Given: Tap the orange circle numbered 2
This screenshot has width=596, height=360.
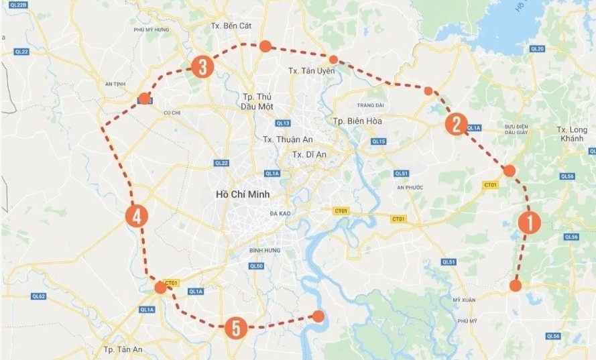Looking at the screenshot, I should (x=456, y=123).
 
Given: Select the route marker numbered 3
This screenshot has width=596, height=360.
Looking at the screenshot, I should (x=202, y=66).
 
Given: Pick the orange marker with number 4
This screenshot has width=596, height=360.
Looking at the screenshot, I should (x=136, y=216).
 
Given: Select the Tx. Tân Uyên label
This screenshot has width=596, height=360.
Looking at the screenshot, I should (x=311, y=71).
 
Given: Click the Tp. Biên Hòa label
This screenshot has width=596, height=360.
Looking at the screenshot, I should (x=355, y=121).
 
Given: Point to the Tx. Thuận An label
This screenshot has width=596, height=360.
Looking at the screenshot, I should (x=288, y=139).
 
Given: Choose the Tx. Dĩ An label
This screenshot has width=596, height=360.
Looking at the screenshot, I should (x=308, y=155).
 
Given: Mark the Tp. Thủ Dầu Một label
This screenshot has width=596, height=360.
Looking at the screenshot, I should (x=257, y=101).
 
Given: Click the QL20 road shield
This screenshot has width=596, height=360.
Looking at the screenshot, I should (x=537, y=49).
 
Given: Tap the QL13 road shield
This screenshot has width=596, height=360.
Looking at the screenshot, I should (x=282, y=123).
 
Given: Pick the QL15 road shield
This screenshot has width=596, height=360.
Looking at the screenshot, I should (x=379, y=141).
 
